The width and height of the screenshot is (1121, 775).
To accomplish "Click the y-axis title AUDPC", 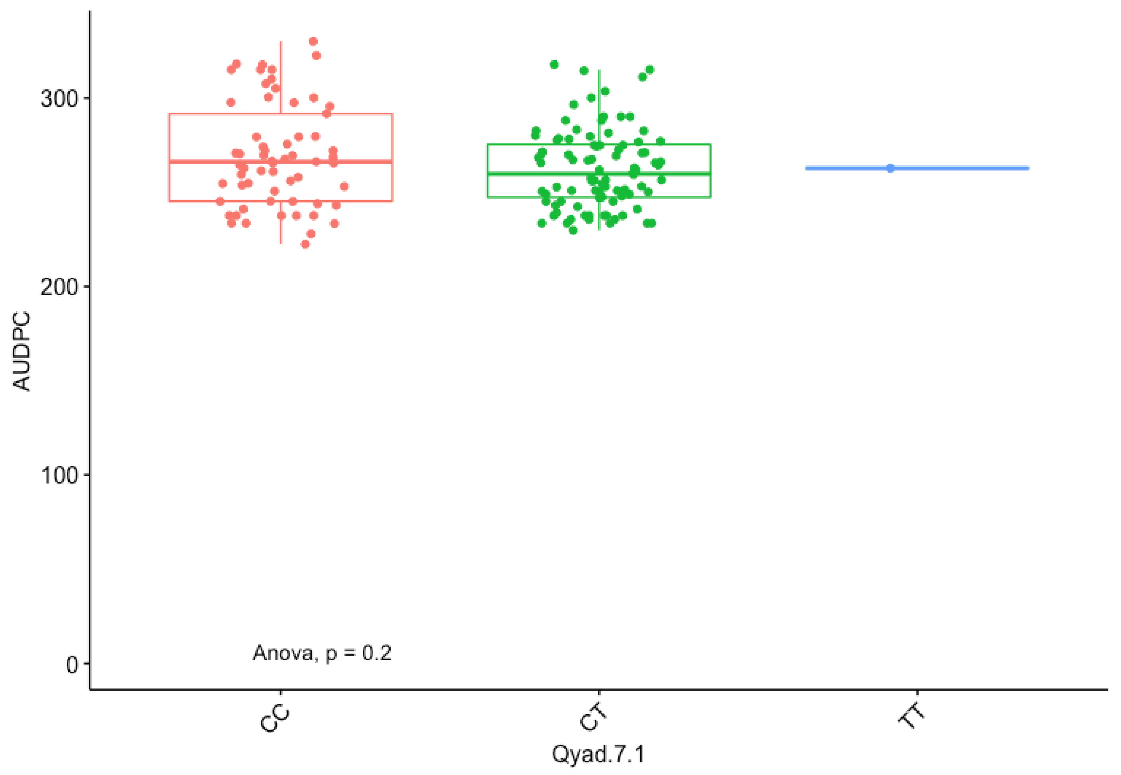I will coord(21,351).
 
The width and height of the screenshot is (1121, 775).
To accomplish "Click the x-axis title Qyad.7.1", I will coord(598,754).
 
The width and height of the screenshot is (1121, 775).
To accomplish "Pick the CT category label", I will coord(594,717).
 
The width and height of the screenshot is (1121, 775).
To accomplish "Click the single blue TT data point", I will coord(890,168).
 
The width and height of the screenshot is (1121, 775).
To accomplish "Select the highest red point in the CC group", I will coord(313,41).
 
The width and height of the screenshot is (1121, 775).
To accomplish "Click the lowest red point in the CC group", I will coord(305,244).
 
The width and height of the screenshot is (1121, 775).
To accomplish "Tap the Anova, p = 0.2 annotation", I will coord(322,653).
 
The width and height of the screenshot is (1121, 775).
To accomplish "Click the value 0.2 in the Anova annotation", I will coord(377,653).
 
